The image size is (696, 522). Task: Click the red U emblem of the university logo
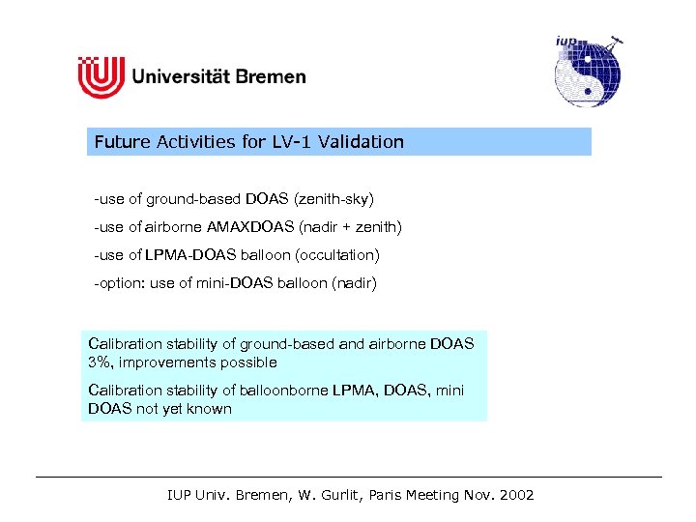[x=101, y=76]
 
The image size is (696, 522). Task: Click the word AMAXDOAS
[x=255, y=227]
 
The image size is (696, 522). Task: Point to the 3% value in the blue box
[x=100, y=362]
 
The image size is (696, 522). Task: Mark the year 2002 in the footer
[x=513, y=495]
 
